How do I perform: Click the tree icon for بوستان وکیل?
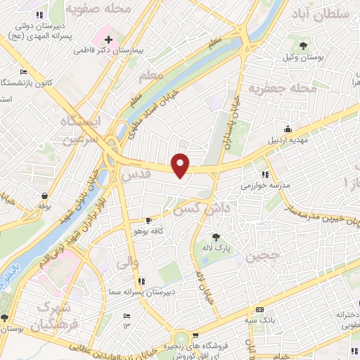(x=302, y=46)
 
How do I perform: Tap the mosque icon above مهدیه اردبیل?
(x=288, y=129)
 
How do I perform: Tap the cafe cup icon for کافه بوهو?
(x=147, y=220)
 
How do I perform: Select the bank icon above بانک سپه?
(x=259, y=310)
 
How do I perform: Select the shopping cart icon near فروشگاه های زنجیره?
(x=195, y=335)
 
